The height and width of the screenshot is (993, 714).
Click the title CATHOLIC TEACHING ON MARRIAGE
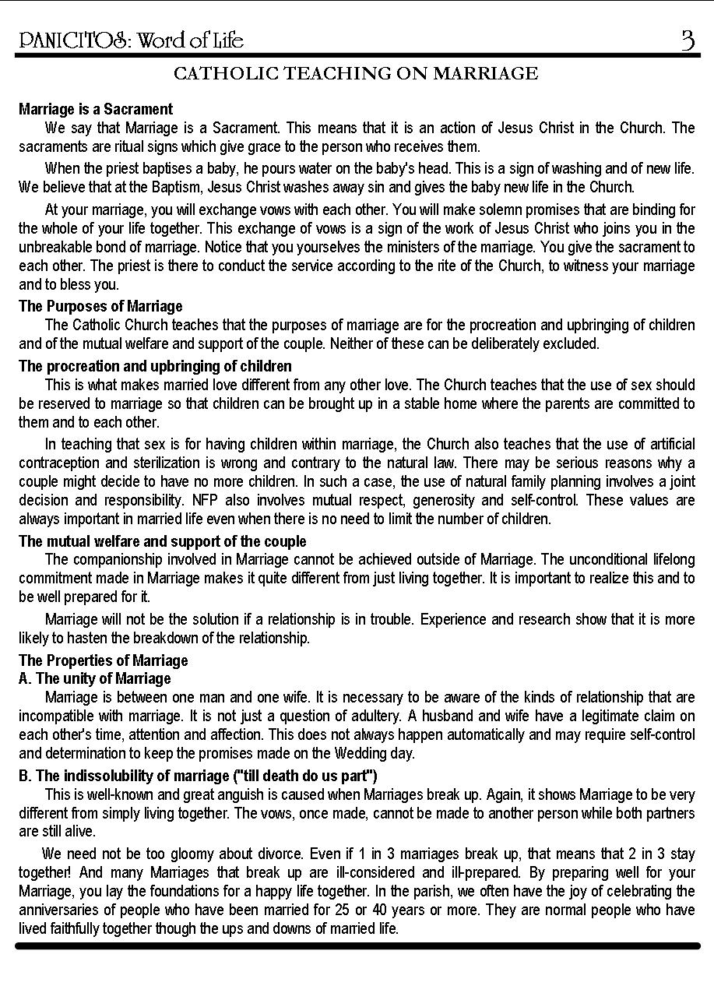(x=356, y=74)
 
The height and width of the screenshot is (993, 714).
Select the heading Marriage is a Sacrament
(x=96, y=109)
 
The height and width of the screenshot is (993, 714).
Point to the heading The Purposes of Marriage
(x=100, y=306)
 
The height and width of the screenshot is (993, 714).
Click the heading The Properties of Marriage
(x=103, y=660)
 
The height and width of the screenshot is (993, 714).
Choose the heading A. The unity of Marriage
(x=94, y=678)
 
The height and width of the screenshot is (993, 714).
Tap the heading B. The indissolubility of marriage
(x=198, y=776)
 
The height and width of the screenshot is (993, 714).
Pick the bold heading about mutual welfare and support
(x=162, y=541)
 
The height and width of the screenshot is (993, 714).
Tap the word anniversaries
(x=57, y=910)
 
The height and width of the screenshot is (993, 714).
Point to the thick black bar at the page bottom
(x=357, y=945)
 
